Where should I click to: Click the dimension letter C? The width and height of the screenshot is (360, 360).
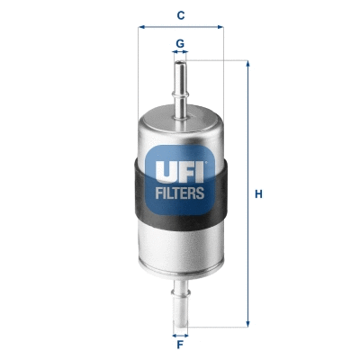(x=180, y=15)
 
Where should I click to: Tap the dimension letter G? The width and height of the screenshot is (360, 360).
(x=180, y=42)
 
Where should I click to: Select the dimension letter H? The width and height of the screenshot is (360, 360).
(x=259, y=193)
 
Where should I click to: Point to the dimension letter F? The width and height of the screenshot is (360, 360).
(x=180, y=345)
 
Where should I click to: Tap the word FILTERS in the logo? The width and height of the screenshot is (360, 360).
(x=180, y=191)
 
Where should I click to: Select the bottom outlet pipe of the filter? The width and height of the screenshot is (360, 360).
(x=180, y=301)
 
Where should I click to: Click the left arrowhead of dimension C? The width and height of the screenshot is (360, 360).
(x=141, y=27)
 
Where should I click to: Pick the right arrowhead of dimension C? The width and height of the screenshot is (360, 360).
(x=219, y=27)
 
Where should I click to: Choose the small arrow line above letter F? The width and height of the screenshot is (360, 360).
(x=180, y=333)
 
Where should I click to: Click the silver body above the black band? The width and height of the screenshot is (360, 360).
(x=180, y=126)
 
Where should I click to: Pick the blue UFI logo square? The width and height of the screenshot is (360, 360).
(x=180, y=179)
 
